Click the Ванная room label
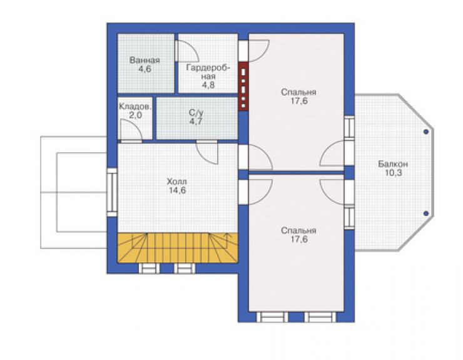[x=145, y=60]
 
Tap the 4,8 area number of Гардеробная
[x=208, y=85]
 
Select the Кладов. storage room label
[x=135, y=106]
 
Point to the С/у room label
[x=196, y=113]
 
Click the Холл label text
[x=177, y=181]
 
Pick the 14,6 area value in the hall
[x=177, y=190]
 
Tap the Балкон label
[x=393, y=164]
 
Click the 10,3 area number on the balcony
[x=394, y=173]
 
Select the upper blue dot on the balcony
[x=426, y=132]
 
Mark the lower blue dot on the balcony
[x=426, y=213]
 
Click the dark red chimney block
[x=243, y=86]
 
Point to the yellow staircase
[x=178, y=248]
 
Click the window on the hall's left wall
[x=112, y=192]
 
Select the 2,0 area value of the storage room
[x=135, y=115]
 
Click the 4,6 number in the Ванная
[x=145, y=69]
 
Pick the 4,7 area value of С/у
[x=196, y=121]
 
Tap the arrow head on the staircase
[x=227, y=235]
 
